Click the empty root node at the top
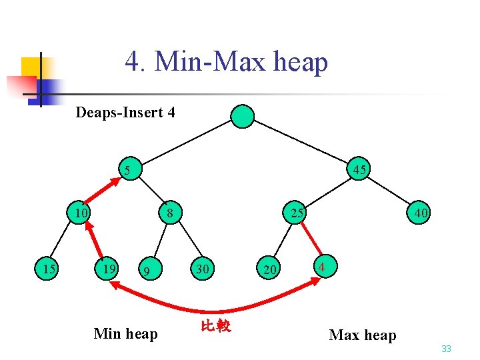[243, 116]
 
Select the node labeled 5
[127, 170]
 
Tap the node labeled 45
[359, 169]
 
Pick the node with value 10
[82, 213]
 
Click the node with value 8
[170, 213]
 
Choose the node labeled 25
[297, 213]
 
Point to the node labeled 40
[420, 213]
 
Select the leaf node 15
[49, 269]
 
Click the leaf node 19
[108, 269]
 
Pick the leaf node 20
[269, 269]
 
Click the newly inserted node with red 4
[322, 267]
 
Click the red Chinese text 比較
[215, 326]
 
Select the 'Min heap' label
[126, 333]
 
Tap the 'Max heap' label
[363, 335]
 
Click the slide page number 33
[446, 349]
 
